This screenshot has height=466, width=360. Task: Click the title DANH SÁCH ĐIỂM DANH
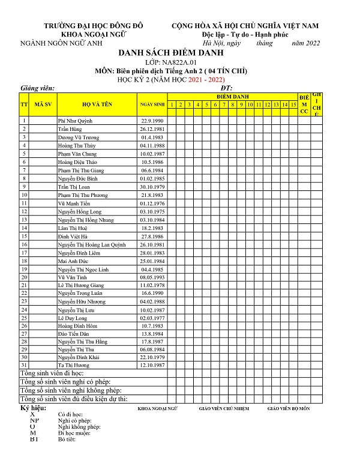(180, 53)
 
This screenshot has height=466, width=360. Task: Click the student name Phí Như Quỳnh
(75, 121)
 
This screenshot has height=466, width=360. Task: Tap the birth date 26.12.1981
(152, 129)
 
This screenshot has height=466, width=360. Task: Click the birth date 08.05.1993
(152, 277)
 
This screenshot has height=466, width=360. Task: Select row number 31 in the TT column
(24, 365)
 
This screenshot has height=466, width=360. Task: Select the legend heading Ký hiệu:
(34, 408)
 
